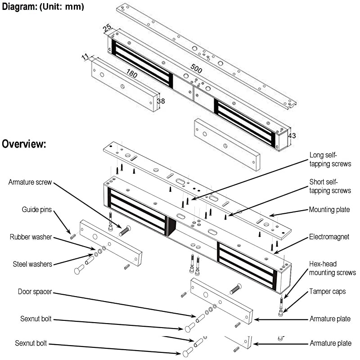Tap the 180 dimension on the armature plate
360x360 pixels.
131,74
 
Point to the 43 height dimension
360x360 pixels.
292,135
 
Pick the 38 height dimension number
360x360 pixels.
161,101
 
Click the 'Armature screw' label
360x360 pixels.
30,182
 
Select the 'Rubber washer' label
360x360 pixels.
31,237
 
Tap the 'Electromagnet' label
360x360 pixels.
329,237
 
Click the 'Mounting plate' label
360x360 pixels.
329,209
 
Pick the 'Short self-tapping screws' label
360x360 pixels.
330,186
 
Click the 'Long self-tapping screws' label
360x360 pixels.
330,159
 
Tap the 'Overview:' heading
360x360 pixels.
23,144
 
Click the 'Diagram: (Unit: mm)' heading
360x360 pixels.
43,7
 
